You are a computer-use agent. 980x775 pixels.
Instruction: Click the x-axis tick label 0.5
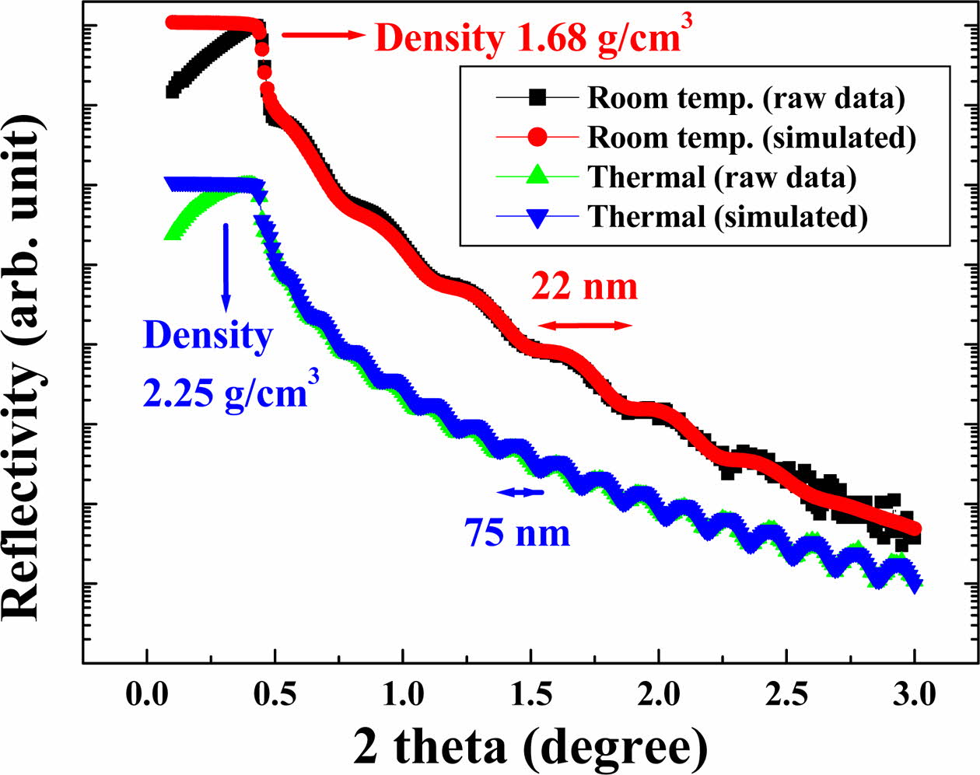(273, 693)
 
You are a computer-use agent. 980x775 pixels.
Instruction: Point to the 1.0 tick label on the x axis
(401, 693)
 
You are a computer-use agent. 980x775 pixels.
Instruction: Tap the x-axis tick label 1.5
(530, 693)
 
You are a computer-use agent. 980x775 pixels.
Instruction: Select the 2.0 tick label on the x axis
(658, 693)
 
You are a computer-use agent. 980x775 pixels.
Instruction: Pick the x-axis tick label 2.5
(786, 693)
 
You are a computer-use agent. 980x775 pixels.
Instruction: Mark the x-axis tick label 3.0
(915, 693)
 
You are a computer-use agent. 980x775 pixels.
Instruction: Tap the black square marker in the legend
(538, 98)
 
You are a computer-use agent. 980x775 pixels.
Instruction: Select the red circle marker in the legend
(538, 138)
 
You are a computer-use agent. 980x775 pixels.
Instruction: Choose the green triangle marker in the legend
(538, 177)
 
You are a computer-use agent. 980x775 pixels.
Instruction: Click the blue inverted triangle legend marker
(538, 217)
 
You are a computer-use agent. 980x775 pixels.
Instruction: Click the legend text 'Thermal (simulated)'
(728, 217)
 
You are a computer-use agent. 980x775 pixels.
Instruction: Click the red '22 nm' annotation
(584, 287)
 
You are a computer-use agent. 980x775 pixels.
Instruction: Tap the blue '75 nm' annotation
(517, 533)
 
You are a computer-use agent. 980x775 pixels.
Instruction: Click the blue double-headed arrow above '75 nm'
(520, 491)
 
